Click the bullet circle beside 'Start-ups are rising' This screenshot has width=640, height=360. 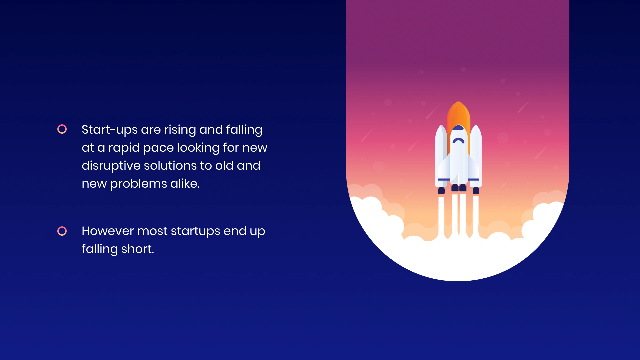tap(62, 129)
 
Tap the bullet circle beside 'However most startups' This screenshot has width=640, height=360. tap(62, 231)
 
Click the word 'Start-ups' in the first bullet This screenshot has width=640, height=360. tap(109, 130)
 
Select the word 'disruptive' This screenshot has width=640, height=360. tap(111, 166)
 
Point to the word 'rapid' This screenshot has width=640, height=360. tap(124, 148)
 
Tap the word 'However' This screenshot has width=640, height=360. tap(108, 231)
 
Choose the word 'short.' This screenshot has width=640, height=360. tap(137, 249)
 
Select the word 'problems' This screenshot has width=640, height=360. tap(138, 184)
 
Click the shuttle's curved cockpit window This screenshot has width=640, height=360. tap(458, 140)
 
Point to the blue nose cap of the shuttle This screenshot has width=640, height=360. tap(458, 128)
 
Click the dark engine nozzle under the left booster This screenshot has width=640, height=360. tap(441, 191)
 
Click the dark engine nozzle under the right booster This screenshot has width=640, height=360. tap(476, 191)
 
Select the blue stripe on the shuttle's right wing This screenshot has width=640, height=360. tap(473, 180)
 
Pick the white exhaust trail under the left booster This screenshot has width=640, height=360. tap(441, 213)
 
